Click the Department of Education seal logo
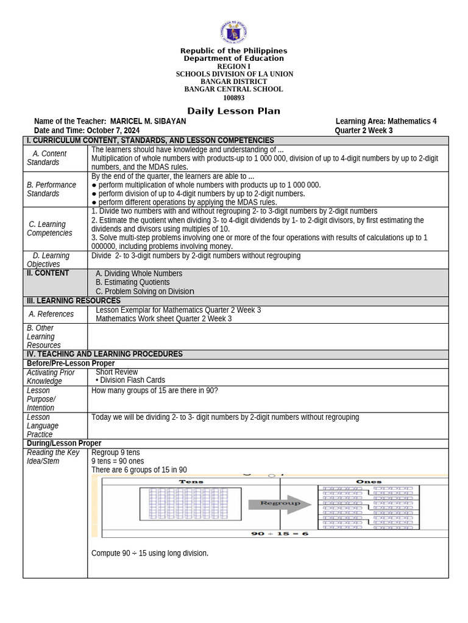click(233, 33)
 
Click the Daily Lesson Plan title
click(233, 111)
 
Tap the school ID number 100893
click(233, 98)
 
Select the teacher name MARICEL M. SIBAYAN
click(148, 122)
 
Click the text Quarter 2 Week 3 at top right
click(363, 131)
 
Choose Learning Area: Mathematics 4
click(386, 122)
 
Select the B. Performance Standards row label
click(51, 189)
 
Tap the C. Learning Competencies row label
click(49, 229)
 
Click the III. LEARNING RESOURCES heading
click(73, 301)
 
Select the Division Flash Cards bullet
click(132, 380)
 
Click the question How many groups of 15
click(154, 391)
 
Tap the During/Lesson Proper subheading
click(64, 443)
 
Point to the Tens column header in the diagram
click(191, 481)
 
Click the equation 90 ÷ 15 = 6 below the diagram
click(280, 534)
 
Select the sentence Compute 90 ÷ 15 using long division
click(150, 553)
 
